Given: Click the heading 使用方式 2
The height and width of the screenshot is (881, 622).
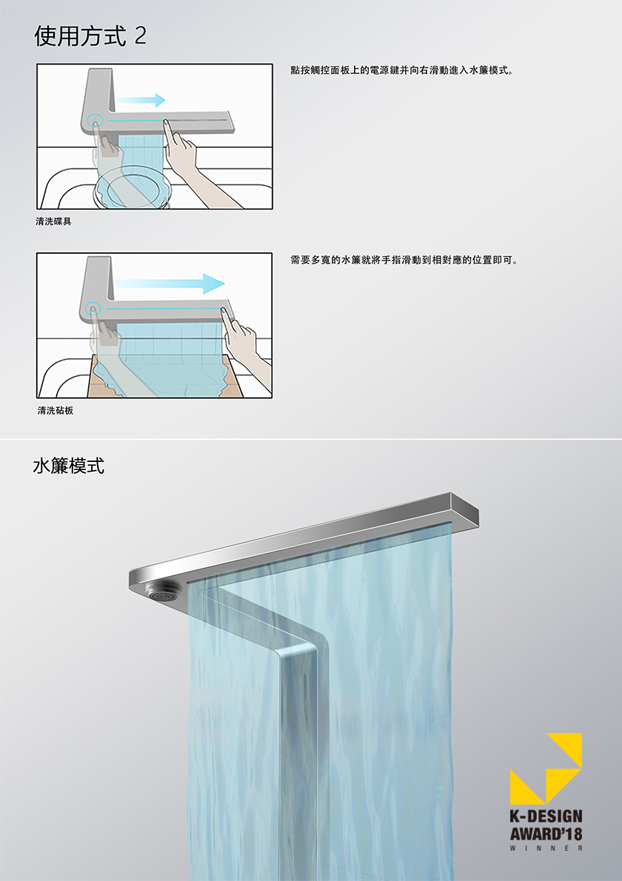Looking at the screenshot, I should point(90,36).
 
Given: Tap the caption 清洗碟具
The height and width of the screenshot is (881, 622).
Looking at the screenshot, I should point(53,221).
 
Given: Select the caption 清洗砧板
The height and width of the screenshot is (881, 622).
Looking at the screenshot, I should point(56,410).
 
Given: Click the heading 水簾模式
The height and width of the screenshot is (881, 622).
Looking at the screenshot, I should point(68,466).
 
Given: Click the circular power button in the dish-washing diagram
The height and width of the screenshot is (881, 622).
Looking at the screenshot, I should point(94,120).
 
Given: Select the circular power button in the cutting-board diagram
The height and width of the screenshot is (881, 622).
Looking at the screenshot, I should point(93,309).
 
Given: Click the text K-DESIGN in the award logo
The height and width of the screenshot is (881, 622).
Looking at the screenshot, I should point(546,817).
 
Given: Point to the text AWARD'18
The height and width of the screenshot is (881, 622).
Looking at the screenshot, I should point(546,833).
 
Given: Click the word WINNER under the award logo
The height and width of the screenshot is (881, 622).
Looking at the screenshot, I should point(546,848).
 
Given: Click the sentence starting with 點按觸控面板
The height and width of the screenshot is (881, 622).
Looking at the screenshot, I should point(402,71).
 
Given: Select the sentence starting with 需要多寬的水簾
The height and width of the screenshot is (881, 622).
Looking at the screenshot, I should point(404,260).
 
